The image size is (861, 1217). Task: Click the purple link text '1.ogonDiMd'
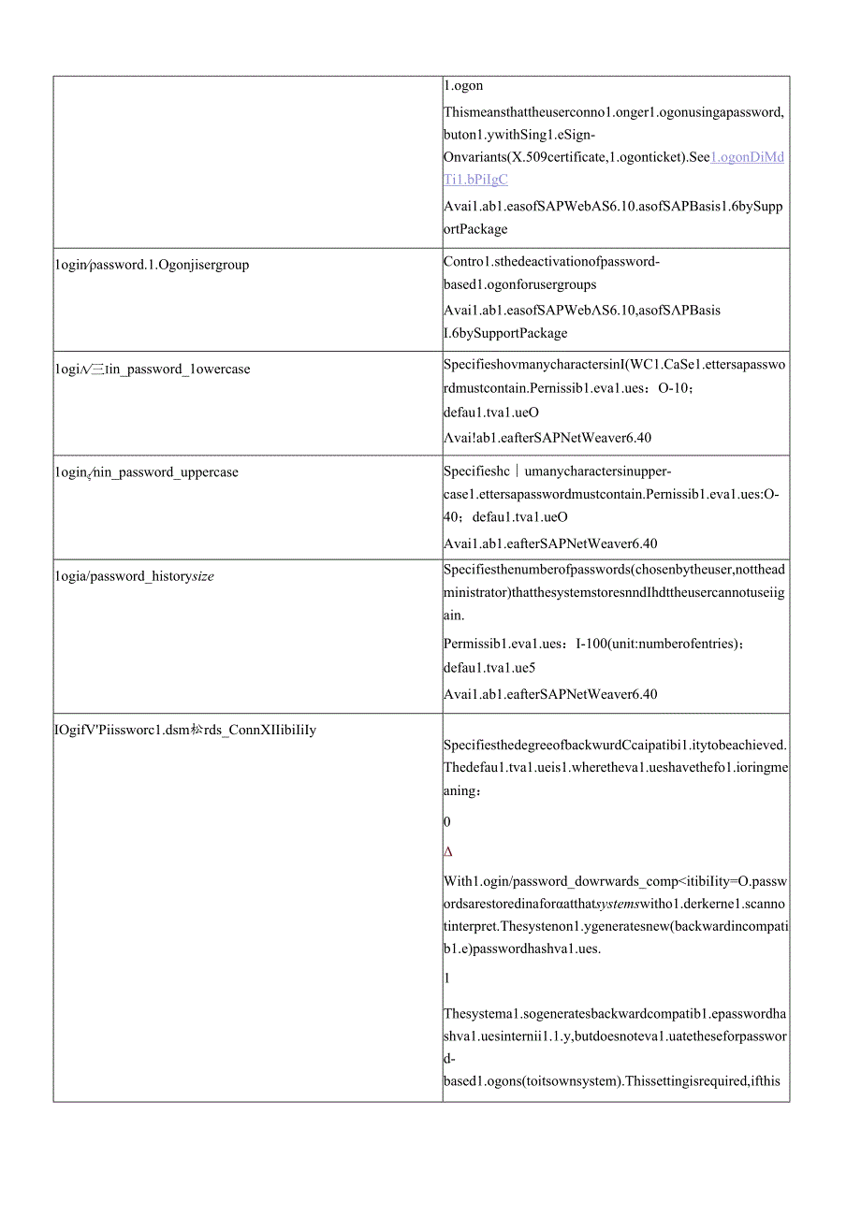point(747,157)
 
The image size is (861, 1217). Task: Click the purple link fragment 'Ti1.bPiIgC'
point(475,180)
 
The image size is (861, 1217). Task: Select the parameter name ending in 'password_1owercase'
point(153,369)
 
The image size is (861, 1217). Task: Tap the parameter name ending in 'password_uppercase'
point(146,472)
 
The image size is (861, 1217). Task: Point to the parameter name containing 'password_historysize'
point(135,577)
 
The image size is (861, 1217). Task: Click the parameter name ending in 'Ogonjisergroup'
point(152,265)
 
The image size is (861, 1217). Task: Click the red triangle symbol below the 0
point(448,852)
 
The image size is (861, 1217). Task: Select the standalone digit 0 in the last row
point(447,822)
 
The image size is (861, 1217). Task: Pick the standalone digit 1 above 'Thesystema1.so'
point(447,978)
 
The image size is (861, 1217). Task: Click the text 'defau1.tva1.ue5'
point(489,668)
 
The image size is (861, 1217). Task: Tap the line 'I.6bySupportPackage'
point(505,333)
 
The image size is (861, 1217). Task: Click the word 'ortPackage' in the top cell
point(475,229)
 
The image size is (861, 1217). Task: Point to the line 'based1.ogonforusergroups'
point(519,284)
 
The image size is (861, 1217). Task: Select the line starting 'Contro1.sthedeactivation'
point(551,262)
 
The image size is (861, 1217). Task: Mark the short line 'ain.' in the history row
point(453,615)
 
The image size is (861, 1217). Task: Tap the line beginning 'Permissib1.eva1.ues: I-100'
point(607,645)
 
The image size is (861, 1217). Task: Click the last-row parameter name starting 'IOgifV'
point(185,730)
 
